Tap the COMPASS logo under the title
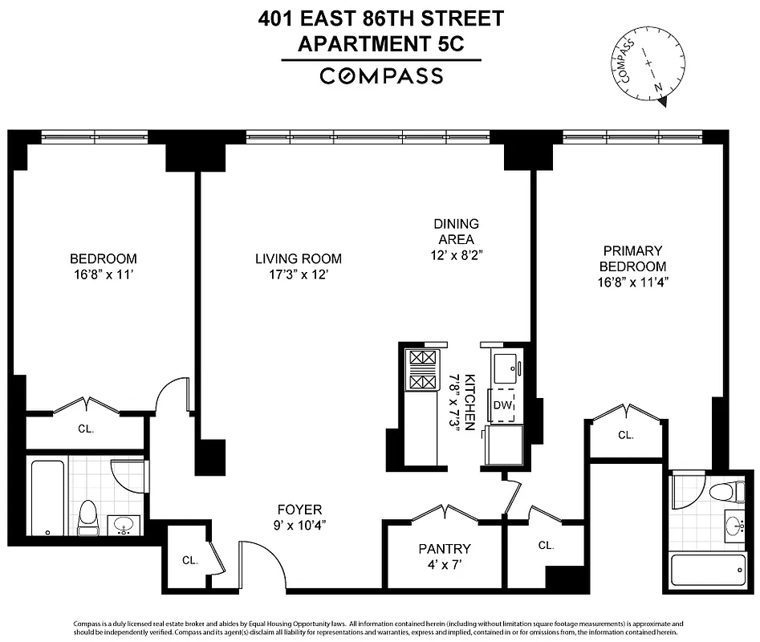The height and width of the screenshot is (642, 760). coord(381,76)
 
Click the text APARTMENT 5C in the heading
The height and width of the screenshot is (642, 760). coord(381,44)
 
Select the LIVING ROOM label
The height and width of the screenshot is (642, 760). coord(299,258)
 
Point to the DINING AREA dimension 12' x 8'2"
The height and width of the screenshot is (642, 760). coord(456,254)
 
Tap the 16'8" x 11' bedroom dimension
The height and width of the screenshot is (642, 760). coord(104,274)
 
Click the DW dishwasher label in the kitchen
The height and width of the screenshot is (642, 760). coord(502,406)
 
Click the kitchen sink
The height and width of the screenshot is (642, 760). coord(503,368)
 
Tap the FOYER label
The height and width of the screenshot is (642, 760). coord(299,510)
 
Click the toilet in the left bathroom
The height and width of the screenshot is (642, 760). coord(87,517)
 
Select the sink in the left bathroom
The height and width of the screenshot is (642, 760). coord(124,525)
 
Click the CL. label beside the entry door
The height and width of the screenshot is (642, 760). coord(190,560)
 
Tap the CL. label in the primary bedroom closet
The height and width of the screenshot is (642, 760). coord(626,435)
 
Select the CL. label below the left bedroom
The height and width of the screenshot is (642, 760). coord(86,429)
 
